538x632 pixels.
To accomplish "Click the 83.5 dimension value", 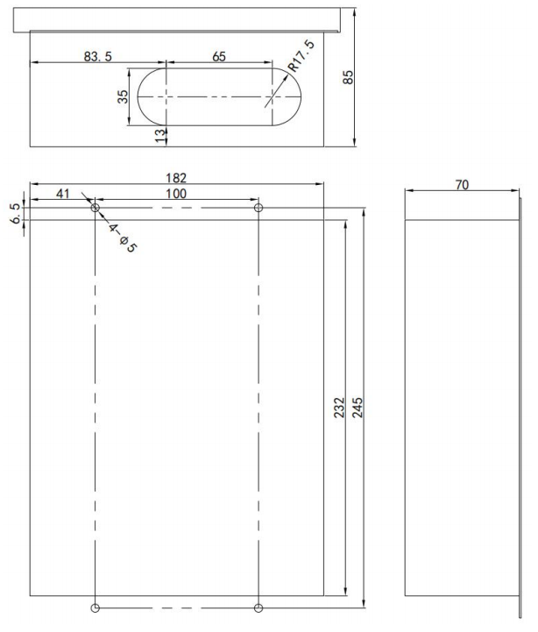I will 96,56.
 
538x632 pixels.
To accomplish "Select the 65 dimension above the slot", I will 219,56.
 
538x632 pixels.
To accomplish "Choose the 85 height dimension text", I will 348,77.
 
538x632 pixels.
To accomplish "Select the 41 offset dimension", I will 63,193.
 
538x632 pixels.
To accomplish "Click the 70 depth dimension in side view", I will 462,184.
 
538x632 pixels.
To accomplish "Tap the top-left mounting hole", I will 95,209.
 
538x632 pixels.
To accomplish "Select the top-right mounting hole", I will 258,209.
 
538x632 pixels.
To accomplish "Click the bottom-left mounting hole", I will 95,607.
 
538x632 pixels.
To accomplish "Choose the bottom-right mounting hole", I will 258,607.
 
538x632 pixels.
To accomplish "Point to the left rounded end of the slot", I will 149,95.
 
